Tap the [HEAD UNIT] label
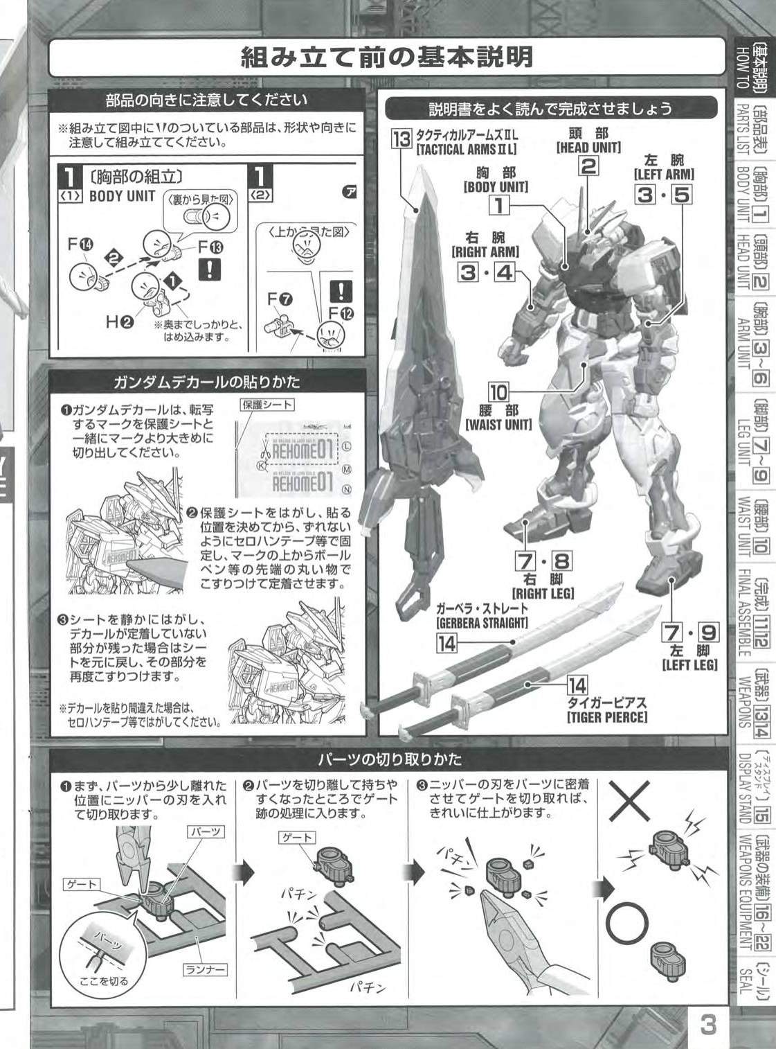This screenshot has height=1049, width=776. tap(588, 148)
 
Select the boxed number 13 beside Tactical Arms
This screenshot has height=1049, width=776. tap(401, 139)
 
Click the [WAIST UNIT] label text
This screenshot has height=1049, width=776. tap(498, 424)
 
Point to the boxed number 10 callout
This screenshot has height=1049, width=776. tap(498, 391)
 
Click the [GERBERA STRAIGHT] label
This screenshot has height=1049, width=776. tap(482, 622)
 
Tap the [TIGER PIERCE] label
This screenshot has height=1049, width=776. tap(607, 717)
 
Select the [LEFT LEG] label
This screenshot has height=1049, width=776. tap(689, 665)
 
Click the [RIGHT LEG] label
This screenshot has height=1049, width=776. tap(543, 593)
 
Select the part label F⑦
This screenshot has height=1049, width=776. tap(280, 299)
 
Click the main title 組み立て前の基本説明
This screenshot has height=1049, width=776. tap(387, 58)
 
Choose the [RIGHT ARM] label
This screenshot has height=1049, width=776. tap(485, 251)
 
